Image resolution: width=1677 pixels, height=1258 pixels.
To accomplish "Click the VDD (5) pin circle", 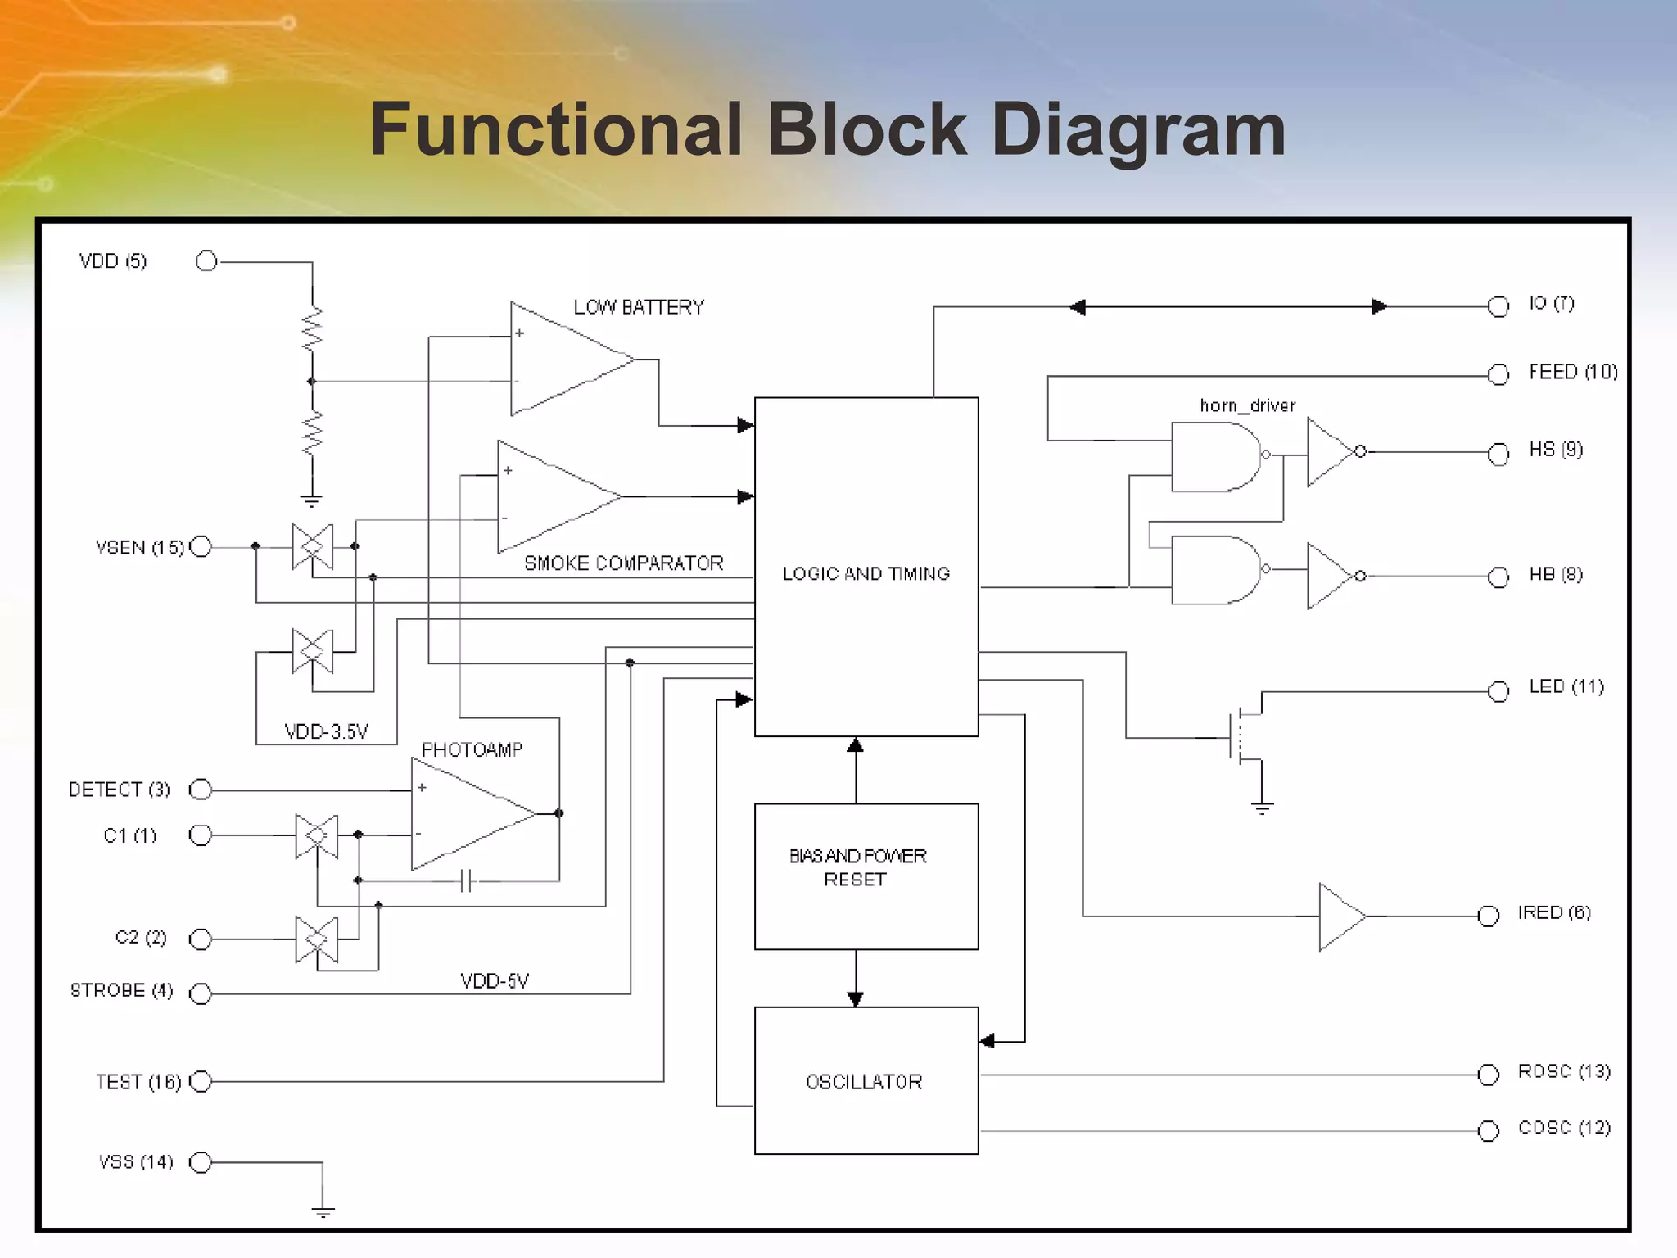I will click(x=206, y=261).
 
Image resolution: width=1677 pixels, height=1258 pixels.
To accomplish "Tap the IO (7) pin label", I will click(x=1551, y=304).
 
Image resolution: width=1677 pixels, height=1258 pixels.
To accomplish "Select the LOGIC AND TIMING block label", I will click(x=866, y=574).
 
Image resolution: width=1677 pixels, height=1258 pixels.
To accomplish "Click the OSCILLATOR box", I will click(x=866, y=1081).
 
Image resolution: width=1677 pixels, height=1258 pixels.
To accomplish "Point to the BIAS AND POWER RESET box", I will click(x=866, y=876).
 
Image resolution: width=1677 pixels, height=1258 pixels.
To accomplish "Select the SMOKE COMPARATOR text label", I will click(x=623, y=563).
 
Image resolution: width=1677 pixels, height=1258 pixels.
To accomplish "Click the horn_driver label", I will click(x=1247, y=405).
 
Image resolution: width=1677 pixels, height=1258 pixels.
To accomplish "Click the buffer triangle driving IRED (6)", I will click(x=1340, y=916).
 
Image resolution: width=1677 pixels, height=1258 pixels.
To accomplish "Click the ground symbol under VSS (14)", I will click(x=323, y=1210).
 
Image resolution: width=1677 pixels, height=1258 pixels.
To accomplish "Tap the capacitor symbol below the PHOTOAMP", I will click(x=466, y=881).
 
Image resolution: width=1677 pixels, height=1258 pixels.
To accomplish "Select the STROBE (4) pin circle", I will click(x=201, y=993).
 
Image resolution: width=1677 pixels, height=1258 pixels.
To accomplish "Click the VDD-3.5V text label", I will click(x=326, y=731).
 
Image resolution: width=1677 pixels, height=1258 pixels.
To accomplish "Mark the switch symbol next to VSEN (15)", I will click(x=313, y=546).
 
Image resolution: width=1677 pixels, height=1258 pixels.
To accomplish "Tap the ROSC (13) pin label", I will click(x=1564, y=1071).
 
